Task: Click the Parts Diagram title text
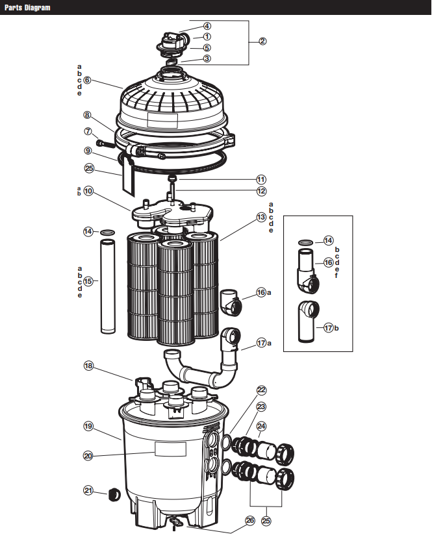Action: (x=26, y=8)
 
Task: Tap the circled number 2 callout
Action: (x=262, y=42)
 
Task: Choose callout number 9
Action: (x=88, y=151)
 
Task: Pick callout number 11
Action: (x=260, y=179)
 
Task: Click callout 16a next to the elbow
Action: (x=261, y=292)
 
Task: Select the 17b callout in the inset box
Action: (x=328, y=328)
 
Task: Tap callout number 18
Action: (x=89, y=366)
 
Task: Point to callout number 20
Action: (x=88, y=455)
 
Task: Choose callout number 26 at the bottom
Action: (x=250, y=520)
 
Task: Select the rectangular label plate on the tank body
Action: (x=170, y=449)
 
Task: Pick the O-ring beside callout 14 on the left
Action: (x=108, y=231)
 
